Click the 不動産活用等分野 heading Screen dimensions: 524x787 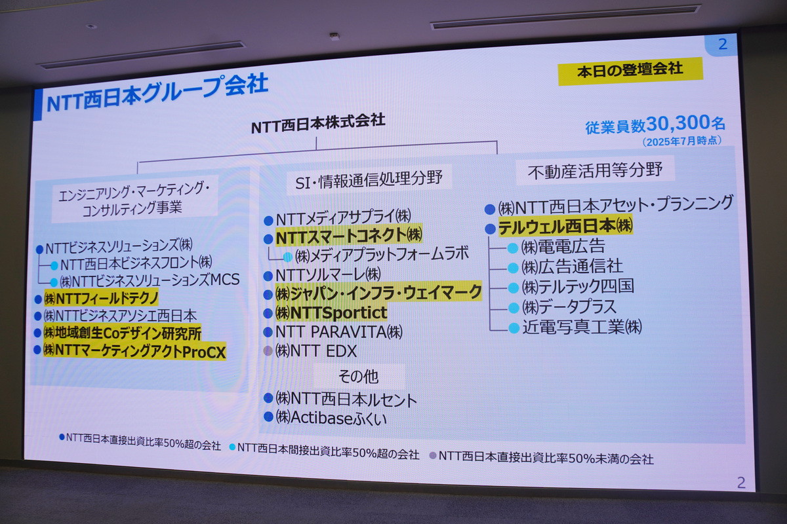[x=595, y=171]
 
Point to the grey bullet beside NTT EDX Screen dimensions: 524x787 [x=268, y=351]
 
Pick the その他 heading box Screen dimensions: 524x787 [x=358, y=377]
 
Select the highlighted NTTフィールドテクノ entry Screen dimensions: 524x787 [x=101, y=298]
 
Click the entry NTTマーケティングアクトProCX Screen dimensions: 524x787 [x=134, y=351]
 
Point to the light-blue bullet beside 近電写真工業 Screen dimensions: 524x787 [x=513, y=327]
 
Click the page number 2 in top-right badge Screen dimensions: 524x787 [x=723, y=45]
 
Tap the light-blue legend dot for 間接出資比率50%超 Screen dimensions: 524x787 [x=232, y=448]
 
